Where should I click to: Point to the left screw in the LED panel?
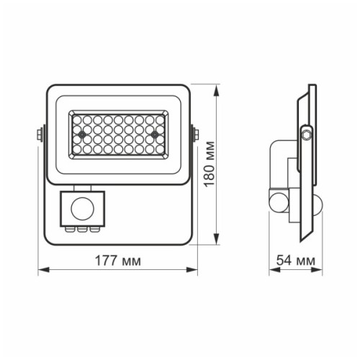pyautogui.click(x=83, y=135)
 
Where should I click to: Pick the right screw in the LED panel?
pyautogui.click(x=154, y=135)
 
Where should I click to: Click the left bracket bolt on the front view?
pyautogui.click(x=37, y=135)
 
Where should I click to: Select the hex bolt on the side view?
pyautogui.click(x=307, y=133)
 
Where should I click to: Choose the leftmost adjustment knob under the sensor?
pyautogui.click(x=71, y=230)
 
